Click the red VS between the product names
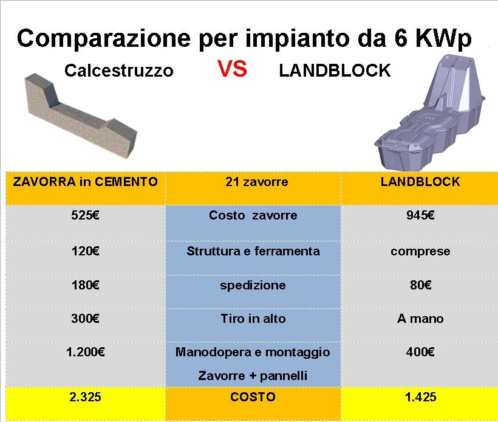coord(232,69)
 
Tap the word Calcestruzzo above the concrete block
coord(119,71)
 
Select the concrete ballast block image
coord(81,116)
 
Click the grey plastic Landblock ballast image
coord(429,113)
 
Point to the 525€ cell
coord(86,215)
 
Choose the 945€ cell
coord(420,215)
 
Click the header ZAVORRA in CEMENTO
coord(86,182)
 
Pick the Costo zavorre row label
coord(253,215)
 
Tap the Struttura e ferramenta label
coord(253,251)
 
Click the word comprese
coord(420,252)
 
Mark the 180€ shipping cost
coord(86,285)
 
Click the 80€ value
coord(420,285)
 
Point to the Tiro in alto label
coord(253,319)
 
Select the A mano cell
coord(420,319)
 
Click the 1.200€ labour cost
coord(86,352)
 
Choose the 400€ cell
coord(420,352)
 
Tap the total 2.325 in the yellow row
coord(85,397)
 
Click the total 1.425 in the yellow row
coord(420,397)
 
